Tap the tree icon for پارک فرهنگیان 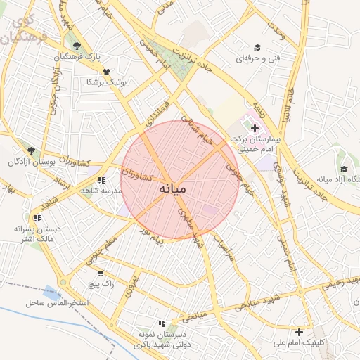pos(77,46)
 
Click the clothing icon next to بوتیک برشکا pos(106,71)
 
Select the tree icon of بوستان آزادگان pos(30,150)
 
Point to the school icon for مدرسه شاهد pos(103,180)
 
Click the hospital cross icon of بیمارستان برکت pos(255,129)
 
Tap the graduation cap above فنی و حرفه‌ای pos(257,47)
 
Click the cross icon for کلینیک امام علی pos(300,332)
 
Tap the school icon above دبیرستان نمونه pos(161,323)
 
